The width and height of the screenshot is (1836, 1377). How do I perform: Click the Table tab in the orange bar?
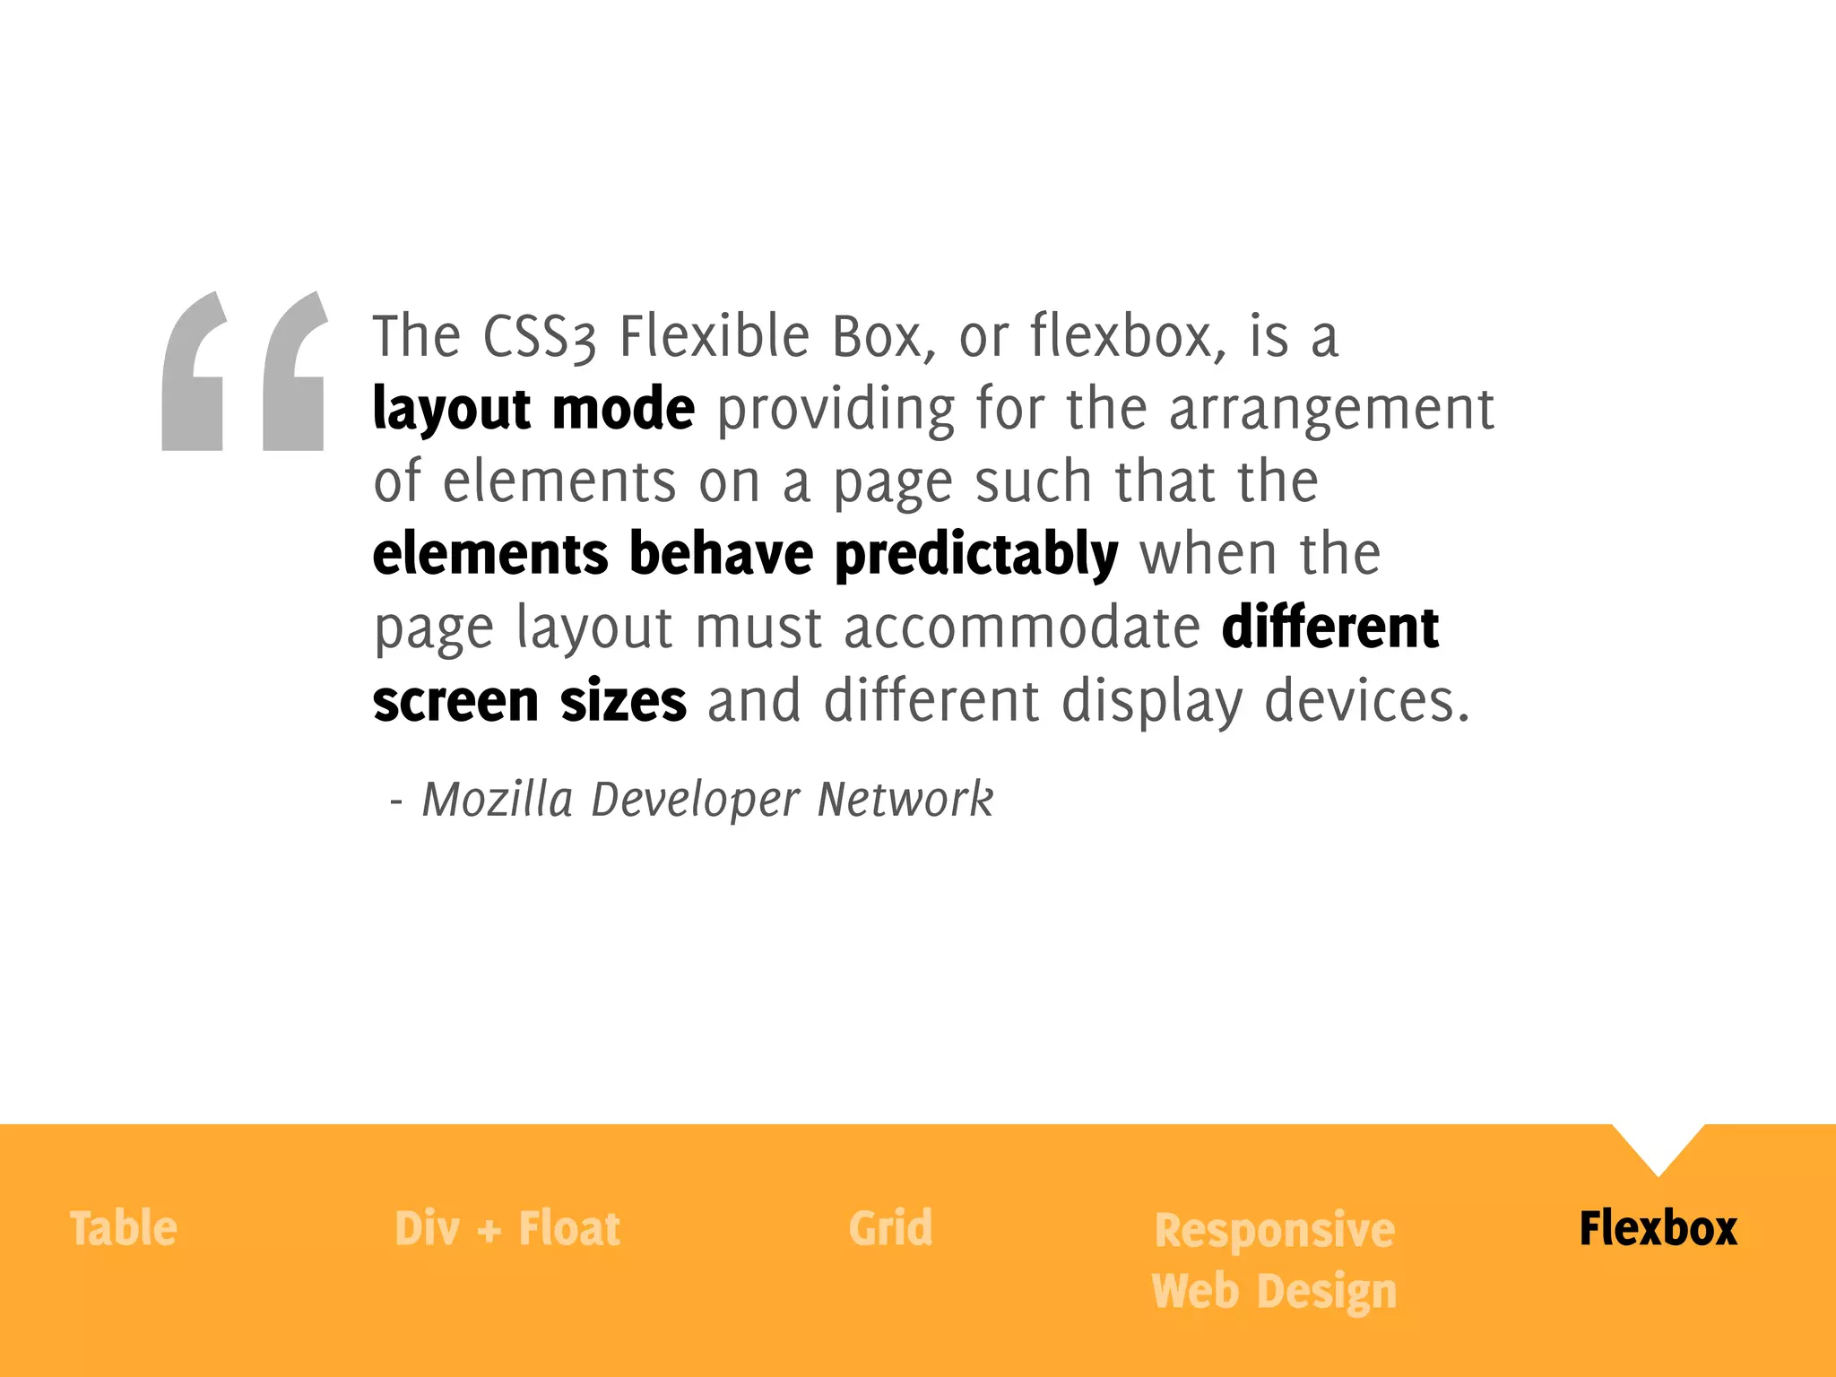[124, 1228]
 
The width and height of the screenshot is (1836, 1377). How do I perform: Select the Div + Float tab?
[507, 1228]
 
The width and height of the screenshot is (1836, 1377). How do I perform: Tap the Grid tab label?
[890, 1228]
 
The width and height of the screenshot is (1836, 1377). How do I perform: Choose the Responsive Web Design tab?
[1274, 1260]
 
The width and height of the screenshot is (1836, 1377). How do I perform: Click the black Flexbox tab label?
[1658, 1228]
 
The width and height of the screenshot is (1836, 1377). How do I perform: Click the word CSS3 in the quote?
[539, 336]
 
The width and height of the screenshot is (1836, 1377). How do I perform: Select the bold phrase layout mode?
[533, 409]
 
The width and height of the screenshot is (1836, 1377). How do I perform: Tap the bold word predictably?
[976, 554]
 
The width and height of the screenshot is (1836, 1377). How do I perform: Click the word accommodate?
[1021, 627]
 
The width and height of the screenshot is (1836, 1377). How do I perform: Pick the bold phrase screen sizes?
[530, 700]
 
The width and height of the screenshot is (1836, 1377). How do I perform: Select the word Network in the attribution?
[905, 799]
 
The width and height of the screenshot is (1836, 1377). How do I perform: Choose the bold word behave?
[721, 554]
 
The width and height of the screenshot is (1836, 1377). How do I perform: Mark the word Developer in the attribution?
[695, 801]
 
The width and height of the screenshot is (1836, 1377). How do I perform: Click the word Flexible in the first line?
[714, 336]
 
